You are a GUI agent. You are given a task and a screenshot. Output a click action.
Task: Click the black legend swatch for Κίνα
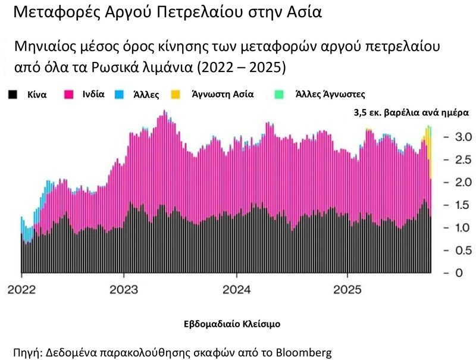tap(13, 94)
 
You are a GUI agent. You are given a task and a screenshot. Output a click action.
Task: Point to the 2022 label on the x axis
tap(21, 291)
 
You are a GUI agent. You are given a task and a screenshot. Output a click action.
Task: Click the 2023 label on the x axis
tap(124, 291)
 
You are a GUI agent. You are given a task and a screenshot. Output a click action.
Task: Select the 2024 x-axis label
tap(236, 291)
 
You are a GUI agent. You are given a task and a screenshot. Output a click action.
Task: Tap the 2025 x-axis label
tap(347, 291)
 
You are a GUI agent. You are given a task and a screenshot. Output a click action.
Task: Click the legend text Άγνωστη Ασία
tap(222, 94)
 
